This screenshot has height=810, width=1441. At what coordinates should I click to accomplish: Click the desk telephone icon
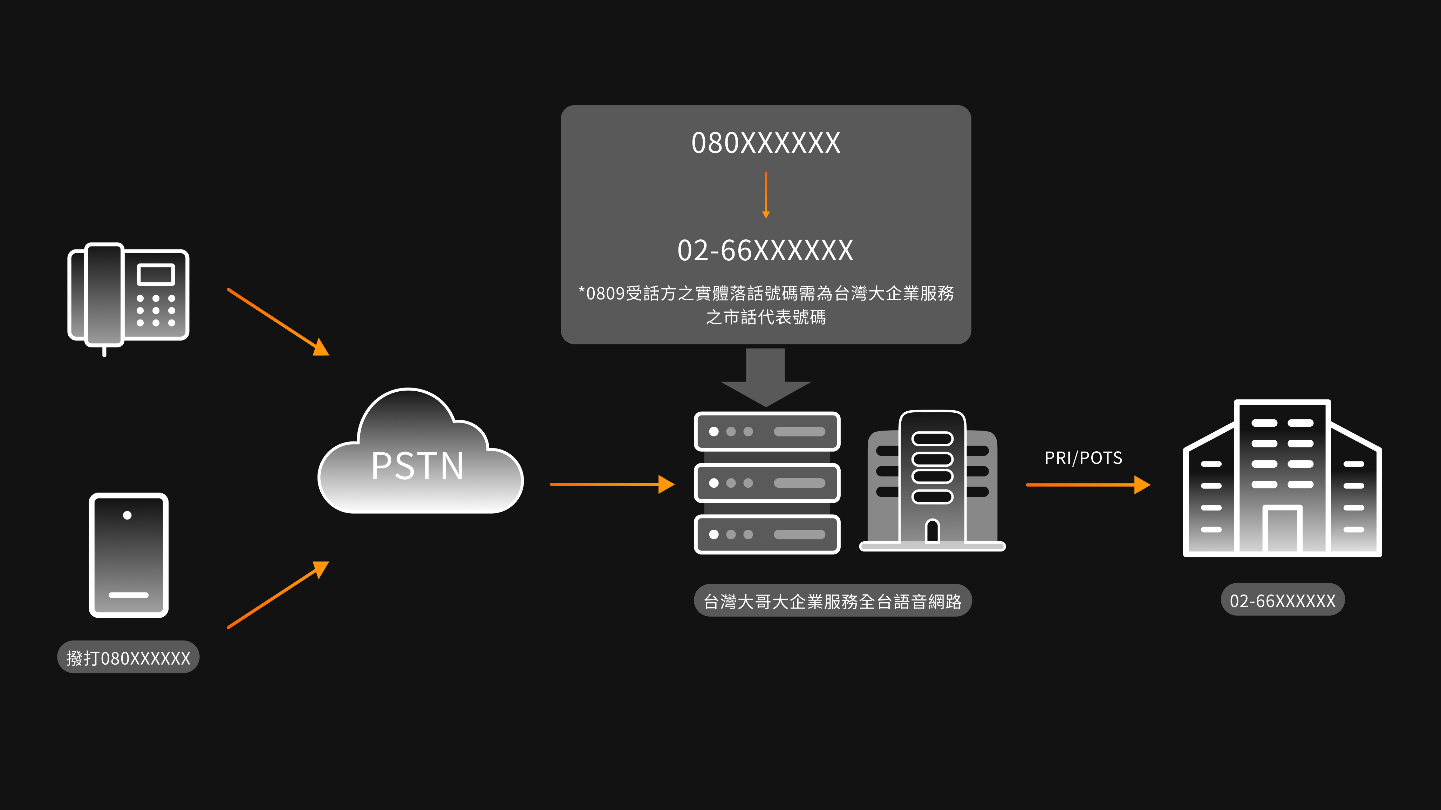point(128,296)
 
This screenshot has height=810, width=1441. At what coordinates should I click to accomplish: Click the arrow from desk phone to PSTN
point(278,321)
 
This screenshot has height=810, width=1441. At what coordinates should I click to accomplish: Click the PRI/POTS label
point(1083,458)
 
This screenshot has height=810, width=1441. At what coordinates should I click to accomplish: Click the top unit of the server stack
point(767,431)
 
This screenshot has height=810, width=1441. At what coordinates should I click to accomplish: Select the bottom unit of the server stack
point(767,534)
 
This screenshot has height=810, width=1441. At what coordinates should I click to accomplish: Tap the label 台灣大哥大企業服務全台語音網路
point(832,601)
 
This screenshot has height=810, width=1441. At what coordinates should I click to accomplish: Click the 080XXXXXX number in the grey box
point(766,143)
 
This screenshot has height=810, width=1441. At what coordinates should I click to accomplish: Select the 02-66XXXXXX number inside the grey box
point(766,250)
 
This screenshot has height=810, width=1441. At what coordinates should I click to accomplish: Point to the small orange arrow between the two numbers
point(766,195)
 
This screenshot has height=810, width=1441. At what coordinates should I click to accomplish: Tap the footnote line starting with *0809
point(766,293)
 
